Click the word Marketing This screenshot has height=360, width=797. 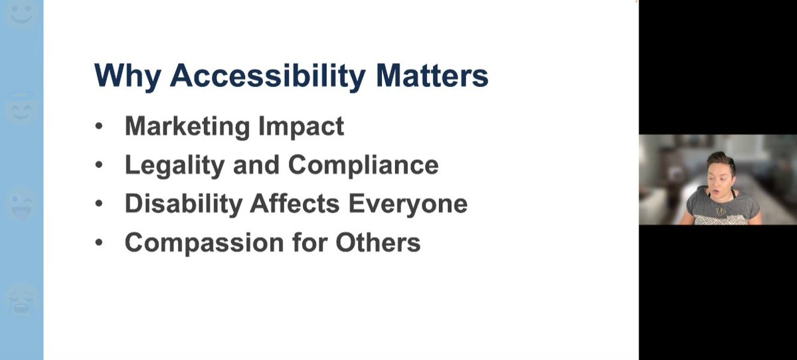pyautogui.click(x=187, y=126)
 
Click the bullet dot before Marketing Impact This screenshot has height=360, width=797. pyautogui.click(x=100, y=126)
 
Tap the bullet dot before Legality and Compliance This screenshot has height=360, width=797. pyautogui.click(x=100, y=165)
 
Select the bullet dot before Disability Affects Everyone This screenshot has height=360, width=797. pyautogui.click(x=100, y=204)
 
